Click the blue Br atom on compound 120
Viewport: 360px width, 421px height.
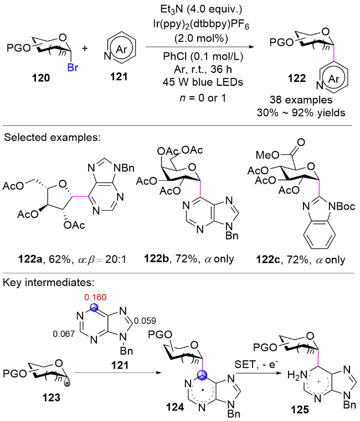coord(73,67)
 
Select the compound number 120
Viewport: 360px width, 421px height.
coord(41,78)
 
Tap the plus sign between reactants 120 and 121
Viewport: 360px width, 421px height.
coord(85,48)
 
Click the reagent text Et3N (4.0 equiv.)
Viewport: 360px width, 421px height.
coord(202,9)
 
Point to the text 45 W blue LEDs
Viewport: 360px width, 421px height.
coord(203,82)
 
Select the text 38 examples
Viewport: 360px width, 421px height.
coord(301,100)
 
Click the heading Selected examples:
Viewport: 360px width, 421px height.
coord(52,137)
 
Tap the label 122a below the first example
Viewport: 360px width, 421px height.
coord(30,259)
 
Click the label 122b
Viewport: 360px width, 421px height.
coord(157,258)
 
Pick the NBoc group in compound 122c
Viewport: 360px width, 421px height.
coord(342,206)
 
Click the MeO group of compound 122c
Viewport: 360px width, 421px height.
coord(267,155)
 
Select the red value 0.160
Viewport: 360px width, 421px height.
coord(95,297)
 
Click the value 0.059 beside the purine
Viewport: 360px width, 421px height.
coord(145,320)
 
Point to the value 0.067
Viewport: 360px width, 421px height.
coord(64,334)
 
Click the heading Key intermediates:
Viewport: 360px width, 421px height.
coord(49,283)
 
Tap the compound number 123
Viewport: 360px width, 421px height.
coord(52,398)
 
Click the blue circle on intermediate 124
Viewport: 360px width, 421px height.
coord(202,375)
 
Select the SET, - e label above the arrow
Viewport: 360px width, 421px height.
coord(256,365)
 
